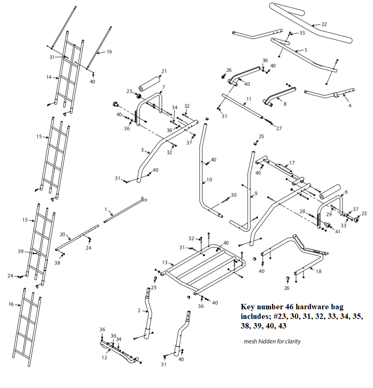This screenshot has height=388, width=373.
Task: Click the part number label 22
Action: point(324,24)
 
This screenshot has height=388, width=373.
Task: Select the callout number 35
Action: point(302,33)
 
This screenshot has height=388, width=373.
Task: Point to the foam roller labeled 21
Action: point(150,81)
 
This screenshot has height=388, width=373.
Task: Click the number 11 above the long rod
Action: point(249,99)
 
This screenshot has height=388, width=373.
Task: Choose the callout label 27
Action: point(279,129)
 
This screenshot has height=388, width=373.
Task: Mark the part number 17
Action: point(292,162)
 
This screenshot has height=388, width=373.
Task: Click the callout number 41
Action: point(337,231)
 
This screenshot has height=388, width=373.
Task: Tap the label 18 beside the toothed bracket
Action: point(319,271)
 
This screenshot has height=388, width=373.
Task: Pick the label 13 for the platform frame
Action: point(165,262)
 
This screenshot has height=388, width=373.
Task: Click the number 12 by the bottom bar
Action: point(104,357)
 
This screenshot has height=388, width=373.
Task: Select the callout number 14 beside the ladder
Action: point(49,77)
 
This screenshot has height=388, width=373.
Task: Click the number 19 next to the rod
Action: point(109,52)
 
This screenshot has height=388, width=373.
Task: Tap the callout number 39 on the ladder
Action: point(20,251)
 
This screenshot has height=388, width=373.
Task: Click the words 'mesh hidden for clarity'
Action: point(272,341)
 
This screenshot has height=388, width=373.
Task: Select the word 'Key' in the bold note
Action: point(248,307)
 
